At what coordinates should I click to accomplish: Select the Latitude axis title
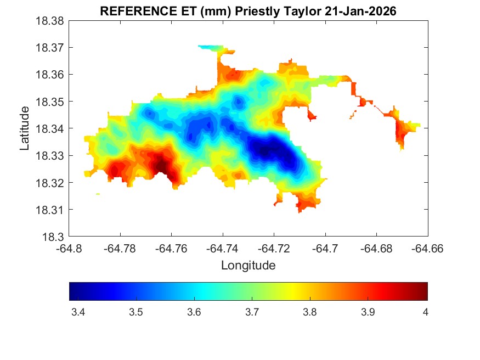tap(25, 129)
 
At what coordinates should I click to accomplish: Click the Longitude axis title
tap(248, 266)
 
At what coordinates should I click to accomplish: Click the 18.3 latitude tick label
tap(55, 237)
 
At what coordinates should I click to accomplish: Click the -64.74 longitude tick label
tap(223, 249)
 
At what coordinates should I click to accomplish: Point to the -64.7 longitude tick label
tap(325, 249)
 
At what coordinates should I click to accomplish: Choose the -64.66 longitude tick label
tap(427, 249)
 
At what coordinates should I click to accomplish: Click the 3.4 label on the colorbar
tap(78, 312)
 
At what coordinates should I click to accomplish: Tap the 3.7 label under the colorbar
tap(252, 312)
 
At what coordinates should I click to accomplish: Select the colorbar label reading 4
tap(425, 312)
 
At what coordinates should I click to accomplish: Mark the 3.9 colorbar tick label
tap(368, 312)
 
